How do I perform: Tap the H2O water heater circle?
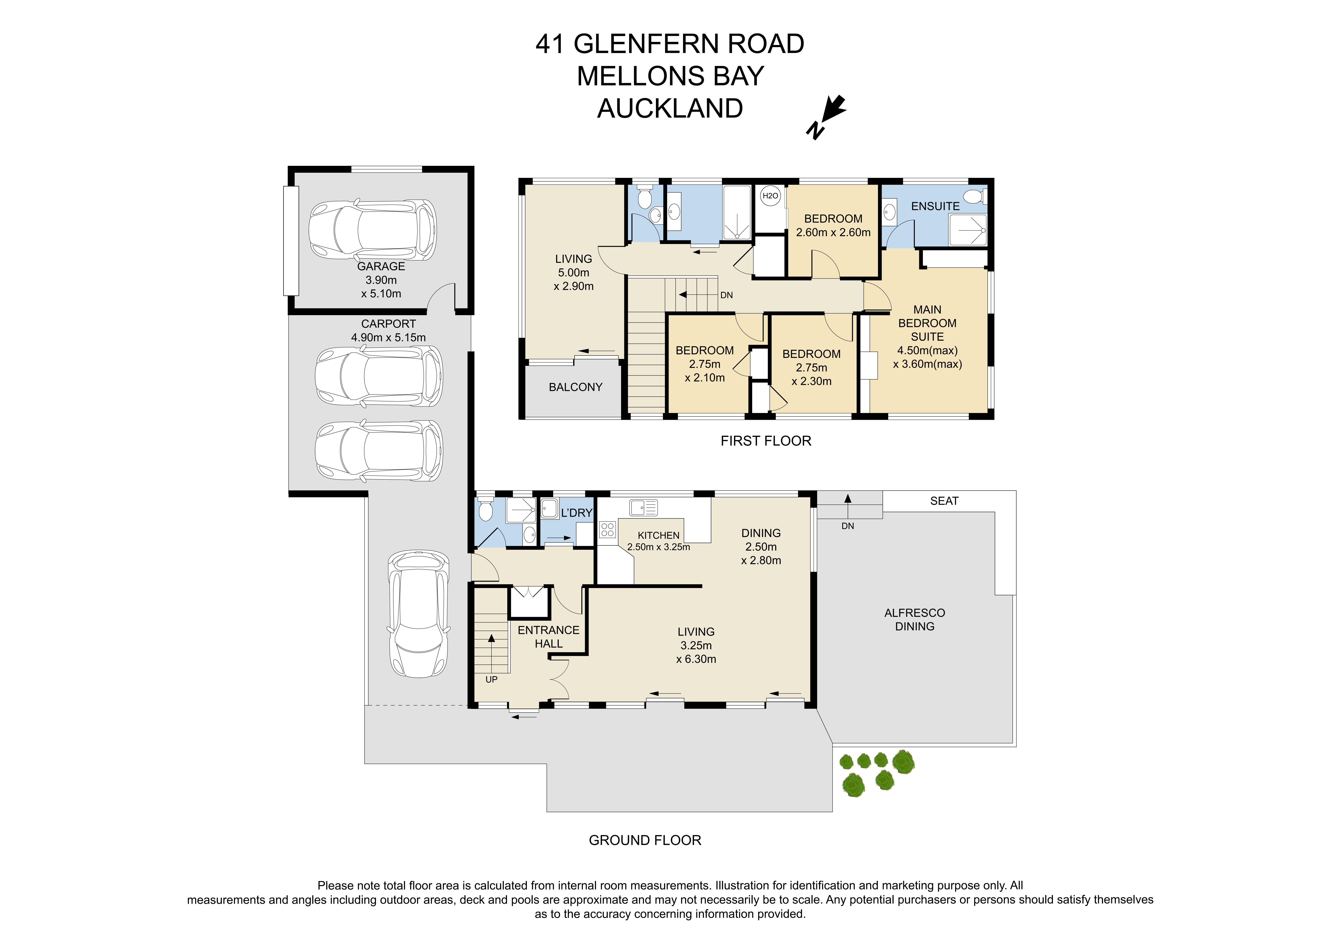click(770, 196)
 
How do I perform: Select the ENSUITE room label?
click(935, 206)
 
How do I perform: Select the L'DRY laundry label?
click(576, 513)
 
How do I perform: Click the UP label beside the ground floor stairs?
click(491, 679)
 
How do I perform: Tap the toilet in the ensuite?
click(974, 196)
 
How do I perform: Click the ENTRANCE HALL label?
click(548, 637)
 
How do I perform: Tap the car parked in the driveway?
click(419, 613)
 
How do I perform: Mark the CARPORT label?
click(388, 324)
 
